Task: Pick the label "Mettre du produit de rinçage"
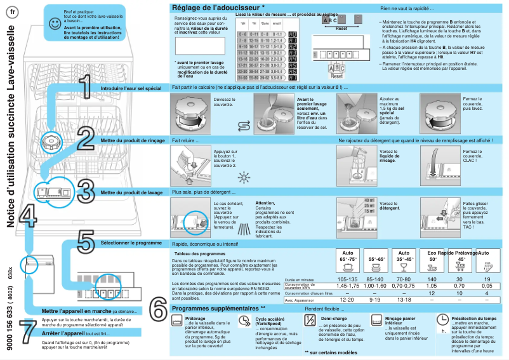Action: pyautogui.click(x=133, y=140)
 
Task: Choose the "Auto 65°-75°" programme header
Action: pyautogui.click(x=347, y=257)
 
